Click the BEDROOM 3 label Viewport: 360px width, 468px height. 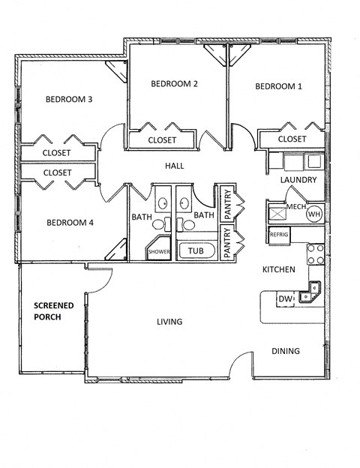[x=69, y=99]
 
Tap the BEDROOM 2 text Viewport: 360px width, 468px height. [x=174, y=83]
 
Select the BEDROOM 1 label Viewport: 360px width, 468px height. [x=278, y=86]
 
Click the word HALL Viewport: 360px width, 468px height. [x=174, y=166]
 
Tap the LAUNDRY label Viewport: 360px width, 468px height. [x=298, y=180]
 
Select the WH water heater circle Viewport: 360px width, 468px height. [x=313, y=214]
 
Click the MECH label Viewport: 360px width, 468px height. [x=294, y=207]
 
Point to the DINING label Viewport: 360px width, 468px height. [x=285, y=350]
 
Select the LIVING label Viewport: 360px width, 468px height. [x=169, y=322]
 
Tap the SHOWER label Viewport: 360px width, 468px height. [x=159, y=252]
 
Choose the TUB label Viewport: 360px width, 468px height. [x=196, y=251]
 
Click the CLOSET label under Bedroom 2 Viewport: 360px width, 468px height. [x=162, y=140]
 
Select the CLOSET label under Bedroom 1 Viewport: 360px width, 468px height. [x=292, y=139]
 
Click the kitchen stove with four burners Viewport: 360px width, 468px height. [x=316, y=254]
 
